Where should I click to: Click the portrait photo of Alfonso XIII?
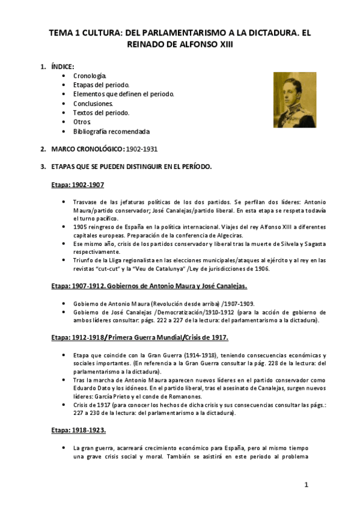[294, 100]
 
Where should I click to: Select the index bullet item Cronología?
[90, 76]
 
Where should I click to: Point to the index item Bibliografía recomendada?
[111, 131]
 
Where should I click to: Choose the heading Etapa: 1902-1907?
[78, 185]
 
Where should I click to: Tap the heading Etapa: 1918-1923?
[79, 430]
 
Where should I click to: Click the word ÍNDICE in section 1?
[63, 66]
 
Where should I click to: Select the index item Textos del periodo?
[101, 112]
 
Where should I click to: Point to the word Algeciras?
[224, 236]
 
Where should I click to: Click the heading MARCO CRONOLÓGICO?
[88, 149]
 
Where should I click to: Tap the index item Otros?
[82, 121]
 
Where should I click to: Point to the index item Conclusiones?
[93, 103]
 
